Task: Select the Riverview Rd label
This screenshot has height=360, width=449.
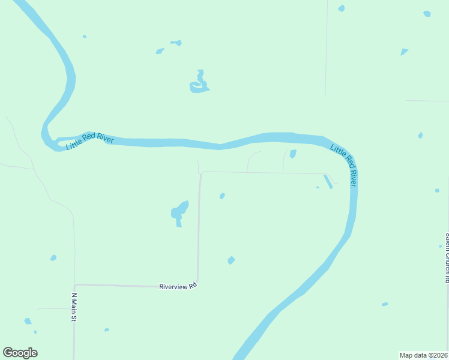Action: click(178, 287)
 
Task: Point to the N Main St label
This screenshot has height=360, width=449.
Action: click(76, 307)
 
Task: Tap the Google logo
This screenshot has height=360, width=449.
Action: click(20, 353)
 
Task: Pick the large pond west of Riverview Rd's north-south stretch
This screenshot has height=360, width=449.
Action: click(179, 212)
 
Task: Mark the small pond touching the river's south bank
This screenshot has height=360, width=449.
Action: click(293, 154)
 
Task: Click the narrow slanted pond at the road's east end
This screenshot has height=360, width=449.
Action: click(328, 181)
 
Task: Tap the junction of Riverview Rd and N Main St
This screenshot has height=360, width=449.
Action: click(74, 285)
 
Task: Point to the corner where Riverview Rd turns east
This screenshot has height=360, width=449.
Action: click(200, 173)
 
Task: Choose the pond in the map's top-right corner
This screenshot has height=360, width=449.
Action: click(427, 13)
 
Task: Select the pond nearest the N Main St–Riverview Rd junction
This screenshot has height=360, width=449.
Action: click(53, 258)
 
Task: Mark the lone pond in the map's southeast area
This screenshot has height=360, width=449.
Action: click(385, 304)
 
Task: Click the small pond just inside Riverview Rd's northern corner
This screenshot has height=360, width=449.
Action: click(222, 196)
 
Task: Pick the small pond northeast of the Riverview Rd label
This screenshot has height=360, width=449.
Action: click(231, 260)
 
